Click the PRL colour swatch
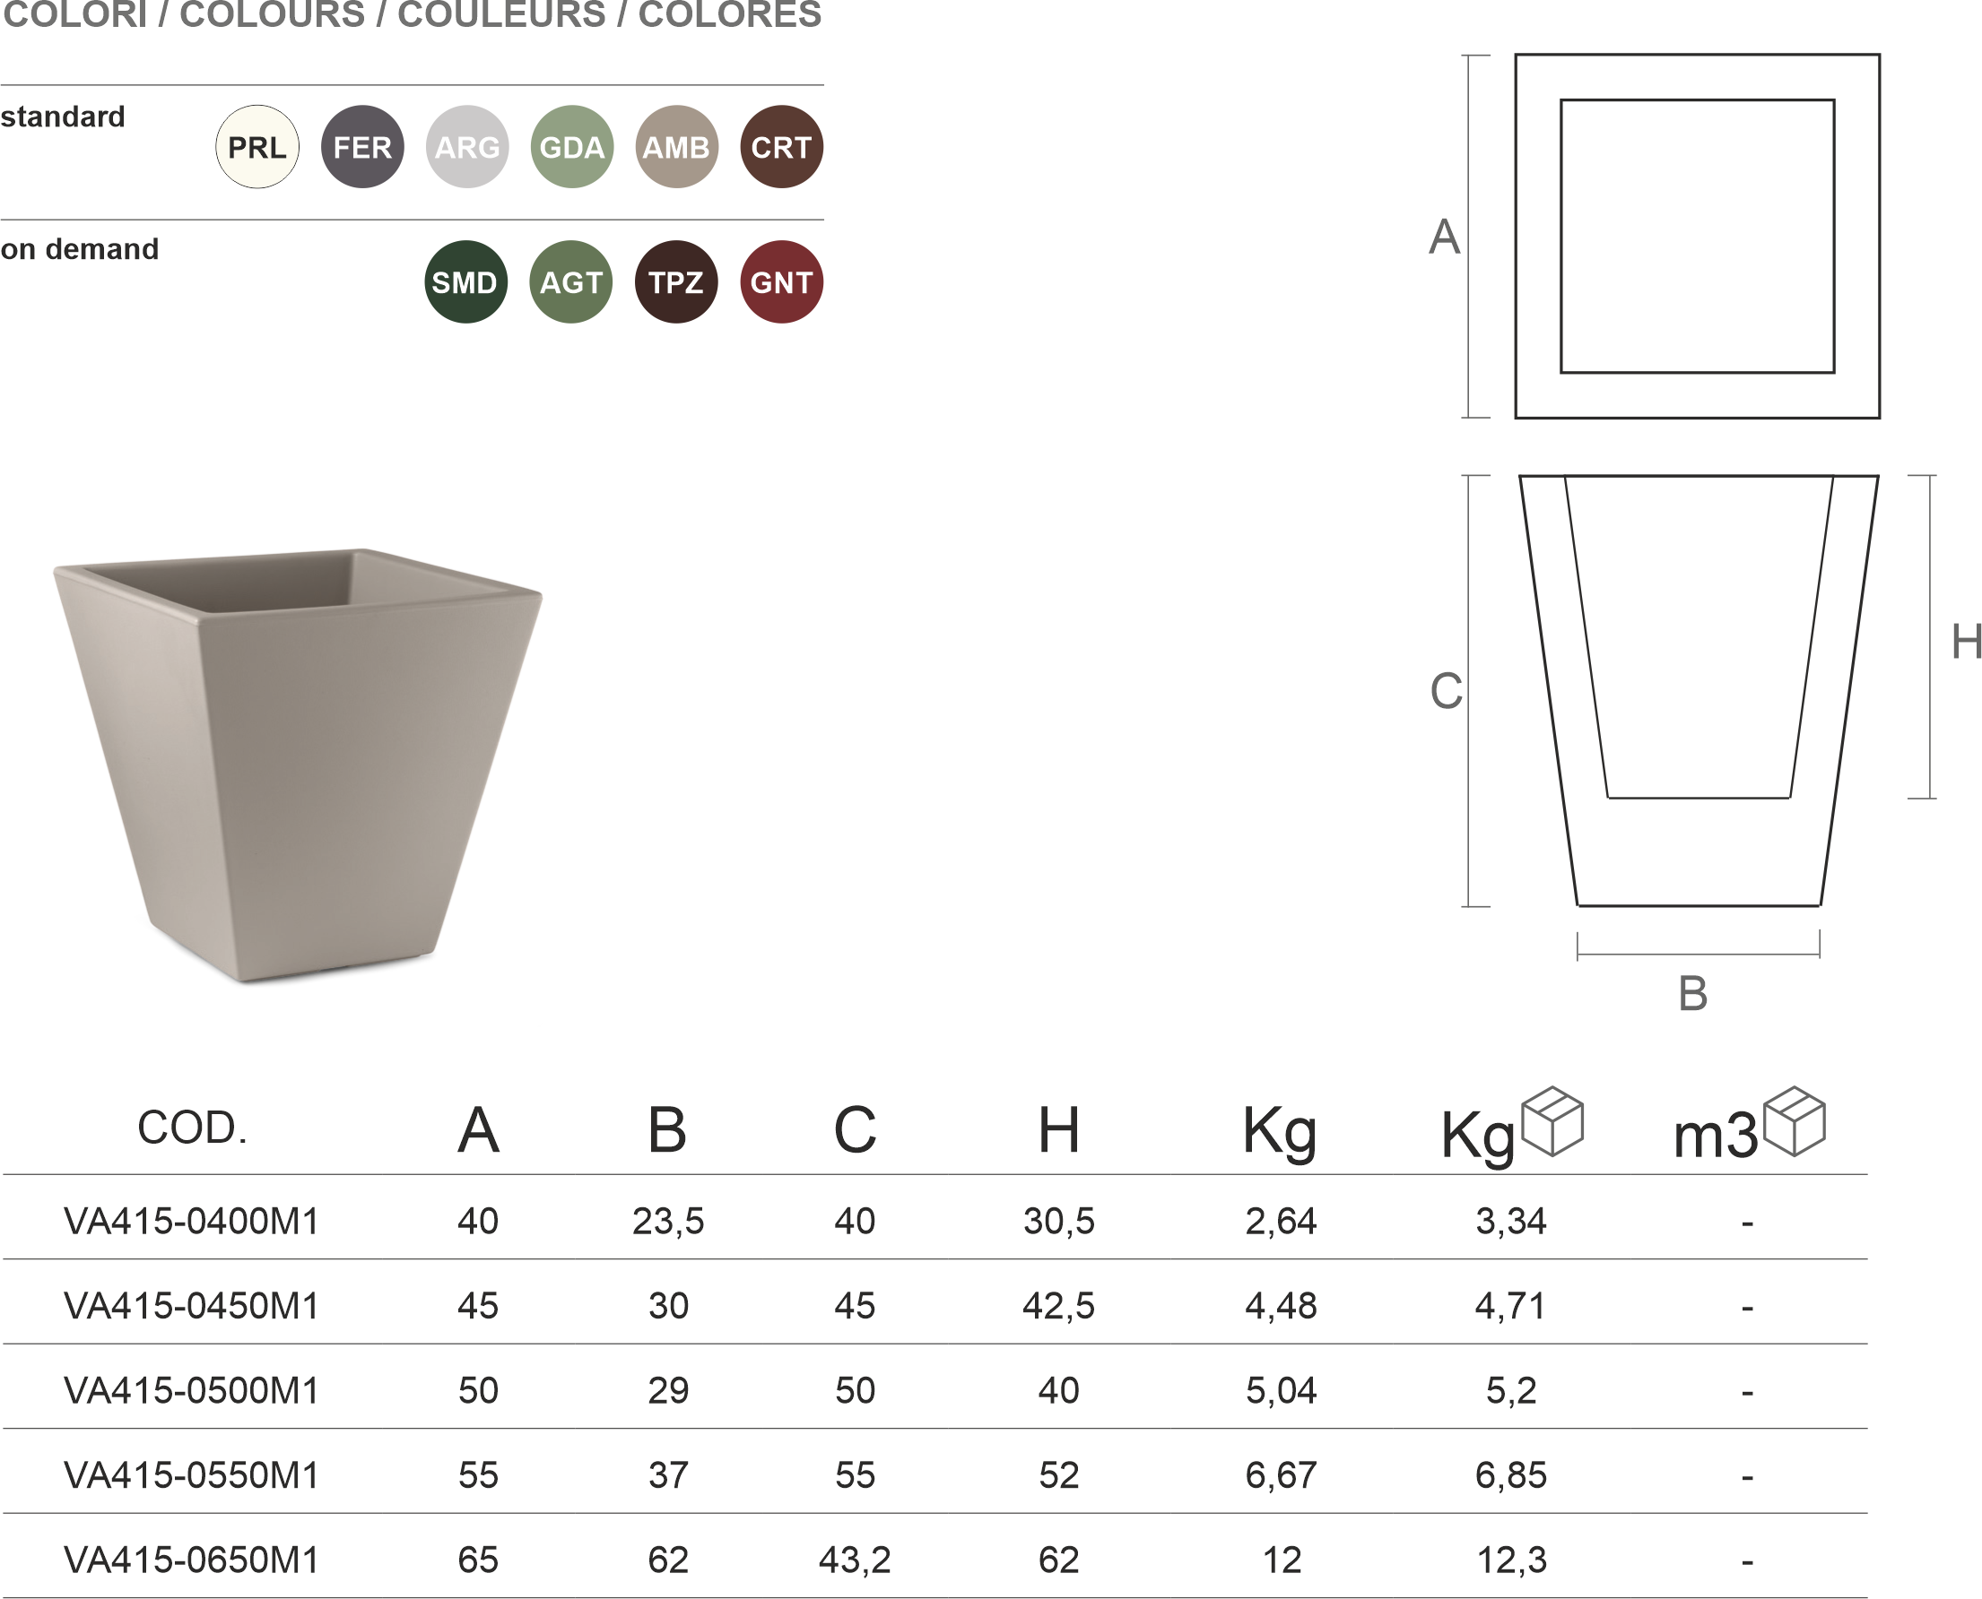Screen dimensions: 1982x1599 [x=257, y=146]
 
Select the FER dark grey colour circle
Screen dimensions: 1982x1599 [x=362, y=146]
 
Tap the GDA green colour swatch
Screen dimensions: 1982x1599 [x=572, y=146]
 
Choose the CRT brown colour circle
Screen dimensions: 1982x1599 [x=781, y=146]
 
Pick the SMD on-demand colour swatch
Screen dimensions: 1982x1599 [x=465, y=281]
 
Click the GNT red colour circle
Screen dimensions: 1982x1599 [x=781, y=281]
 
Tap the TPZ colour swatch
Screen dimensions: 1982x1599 [x=676, y=281]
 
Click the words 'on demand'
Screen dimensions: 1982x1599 [x=79, y=248]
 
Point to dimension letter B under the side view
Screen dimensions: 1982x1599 [x=1692, y=994]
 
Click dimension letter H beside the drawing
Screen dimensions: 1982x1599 [x=1967, y=641]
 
